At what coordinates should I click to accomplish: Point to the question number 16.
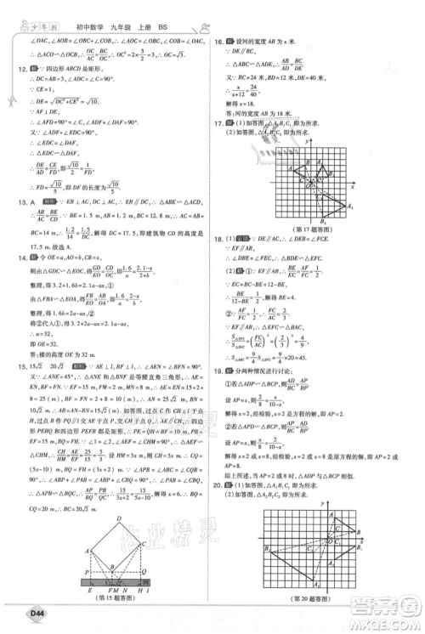click(x=218, y=41)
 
